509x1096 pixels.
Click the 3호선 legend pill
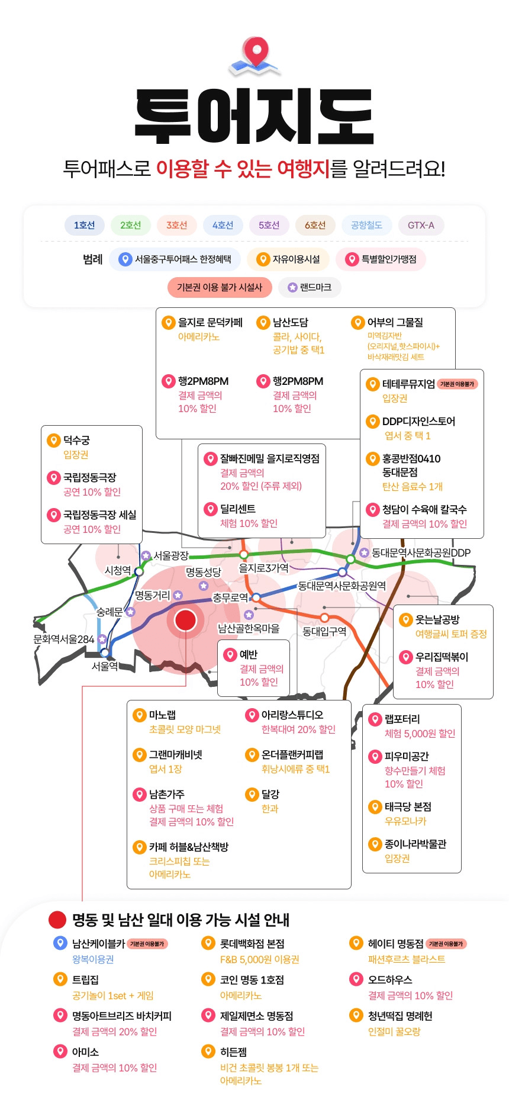tap(176, 225)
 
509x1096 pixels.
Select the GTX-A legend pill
tap(421, 225)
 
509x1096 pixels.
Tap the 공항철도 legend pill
tap(366, 225)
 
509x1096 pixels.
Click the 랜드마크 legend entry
tap(310, 287)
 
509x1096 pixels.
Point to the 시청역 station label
tap(117, 570)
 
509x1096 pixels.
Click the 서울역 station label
tap(105, 666)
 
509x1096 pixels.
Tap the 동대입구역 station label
tap(324, 632)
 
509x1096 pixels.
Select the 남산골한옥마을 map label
tap(249, 628)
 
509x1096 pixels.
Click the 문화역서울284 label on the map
tap(64, 639)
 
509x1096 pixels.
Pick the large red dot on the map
tap(185, 620)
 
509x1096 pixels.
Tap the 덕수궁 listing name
tap(77, 441)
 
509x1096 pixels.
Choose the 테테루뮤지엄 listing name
tap(408, 384)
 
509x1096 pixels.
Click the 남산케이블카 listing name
tap(98, 944)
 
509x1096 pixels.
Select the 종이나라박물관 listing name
tap(415, 844)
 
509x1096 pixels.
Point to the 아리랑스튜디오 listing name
tap(292, 715)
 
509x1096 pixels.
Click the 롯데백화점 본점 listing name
tap(252, 944)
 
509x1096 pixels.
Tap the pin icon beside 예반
tap(230, 654)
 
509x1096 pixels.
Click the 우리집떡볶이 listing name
tap(442, 657)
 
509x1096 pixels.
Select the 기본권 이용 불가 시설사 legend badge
tap(220, 287)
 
